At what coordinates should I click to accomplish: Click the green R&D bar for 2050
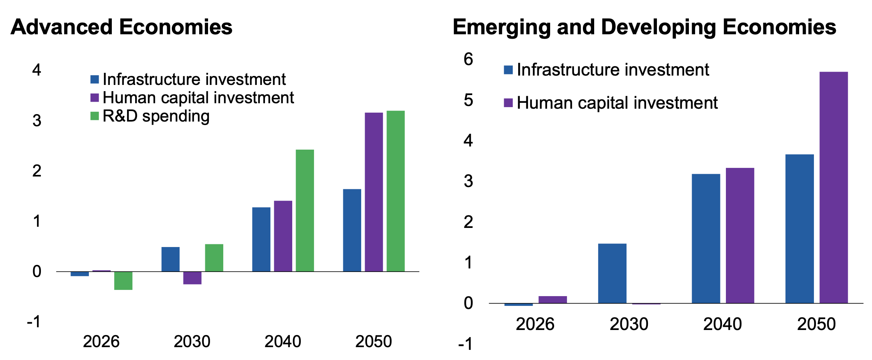click(x=395, y=191)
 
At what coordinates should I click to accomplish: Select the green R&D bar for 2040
click(x=305, y=210)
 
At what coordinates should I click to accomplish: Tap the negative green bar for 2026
click(x=123, y=281)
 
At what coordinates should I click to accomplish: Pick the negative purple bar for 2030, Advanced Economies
click(x=192, y=278)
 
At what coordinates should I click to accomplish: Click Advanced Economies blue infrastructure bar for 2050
click(x=352, y=230)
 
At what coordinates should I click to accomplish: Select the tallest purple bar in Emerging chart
click(x=833, y=187)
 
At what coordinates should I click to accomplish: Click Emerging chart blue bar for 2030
click(x=612, y=273)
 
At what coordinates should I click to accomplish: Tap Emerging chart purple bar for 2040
click(x=740, y=235)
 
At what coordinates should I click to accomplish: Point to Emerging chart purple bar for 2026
click(x=553, y=299)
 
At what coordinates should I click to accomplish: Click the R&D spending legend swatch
click(x=95, y=116)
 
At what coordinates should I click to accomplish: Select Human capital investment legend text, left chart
click(x=198, y=98)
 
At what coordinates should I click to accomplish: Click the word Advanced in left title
click(x=62, y=27)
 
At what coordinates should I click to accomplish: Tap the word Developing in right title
click(x=658, y=27)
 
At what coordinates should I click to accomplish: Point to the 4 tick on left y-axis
click(x=37, y=70)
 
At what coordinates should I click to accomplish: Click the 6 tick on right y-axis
click(x=468, y=59)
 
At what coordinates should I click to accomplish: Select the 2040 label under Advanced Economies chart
click(x=282, y=342)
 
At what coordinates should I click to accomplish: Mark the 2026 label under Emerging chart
click(x=535, y=324)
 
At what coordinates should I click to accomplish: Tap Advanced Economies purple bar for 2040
click(x=283, y=236)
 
